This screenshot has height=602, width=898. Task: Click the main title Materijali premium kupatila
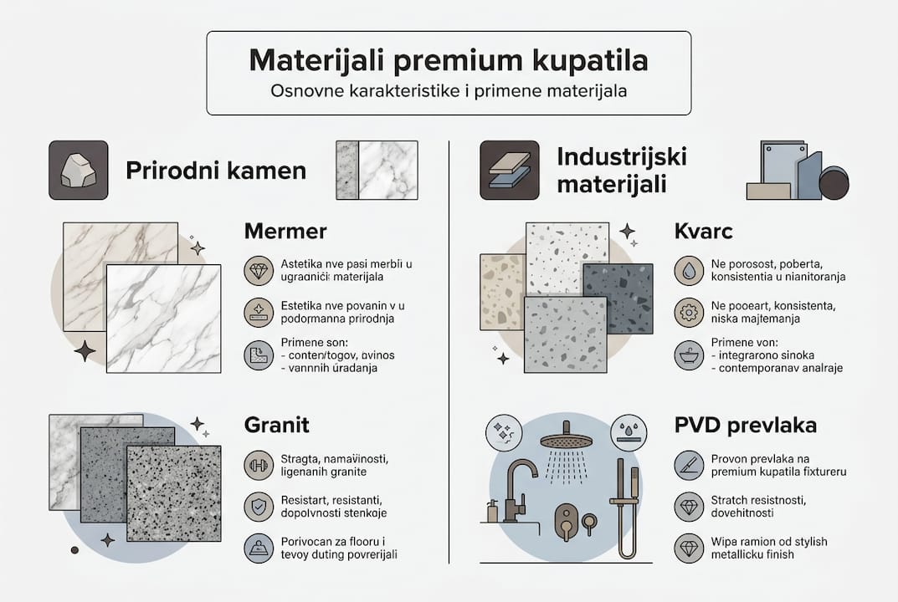pos(449,62)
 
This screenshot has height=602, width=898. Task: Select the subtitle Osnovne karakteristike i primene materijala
pos(449,90)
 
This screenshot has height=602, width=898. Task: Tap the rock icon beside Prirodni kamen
pos(78,170)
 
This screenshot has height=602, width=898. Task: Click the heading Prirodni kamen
pos(216,171)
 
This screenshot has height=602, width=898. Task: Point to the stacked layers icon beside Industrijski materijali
pos(509,170)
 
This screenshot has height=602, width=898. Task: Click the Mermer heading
pos(285,231)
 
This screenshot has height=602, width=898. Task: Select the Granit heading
pos(277,424)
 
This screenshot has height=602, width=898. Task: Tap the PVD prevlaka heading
pos(746,424)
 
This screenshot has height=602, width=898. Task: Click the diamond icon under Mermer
pos(258,271)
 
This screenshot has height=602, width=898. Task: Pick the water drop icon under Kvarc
pos(688,270)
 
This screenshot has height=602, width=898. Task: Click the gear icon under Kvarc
pos(688,313)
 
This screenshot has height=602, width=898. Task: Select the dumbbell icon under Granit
pos(258,464)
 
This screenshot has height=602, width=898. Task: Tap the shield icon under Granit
pos(258,507)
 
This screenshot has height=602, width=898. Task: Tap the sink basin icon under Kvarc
pos(688,356)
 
